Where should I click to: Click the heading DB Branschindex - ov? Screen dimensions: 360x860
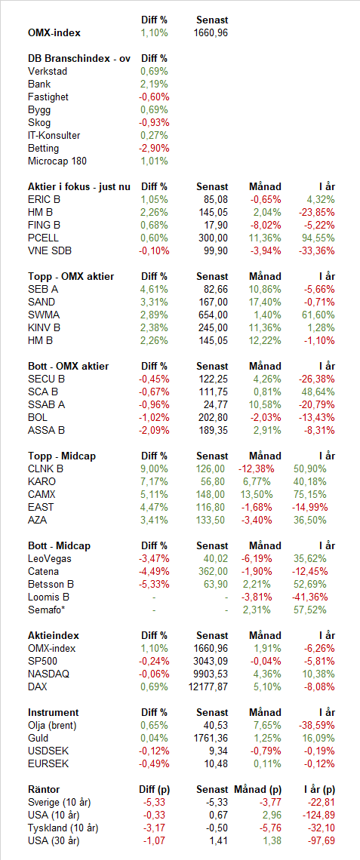pyautogui.click(x=79, y=59)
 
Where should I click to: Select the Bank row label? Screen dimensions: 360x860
pyautogui.click(x=39, y=84)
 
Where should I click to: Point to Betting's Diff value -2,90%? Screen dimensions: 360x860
pyautogui.click(x=155, y=148)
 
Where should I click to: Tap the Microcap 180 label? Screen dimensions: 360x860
pyautogui.click(x=57, y=161)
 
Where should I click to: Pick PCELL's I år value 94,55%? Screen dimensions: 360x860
pyautogui.click(x=321, y=238)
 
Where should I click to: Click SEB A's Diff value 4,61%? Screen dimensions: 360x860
pyautogui.click(x=155, y=289)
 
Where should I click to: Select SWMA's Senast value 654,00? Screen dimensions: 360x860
pyautogui.click(x=213, y=315)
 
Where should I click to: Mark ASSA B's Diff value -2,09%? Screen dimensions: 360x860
pyautogui.click(x=155, y=430)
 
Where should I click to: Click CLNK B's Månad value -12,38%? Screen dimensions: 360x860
pyautogui.click(x=256, y=469)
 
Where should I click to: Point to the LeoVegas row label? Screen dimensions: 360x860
pyautogui.click(x=50, y=558)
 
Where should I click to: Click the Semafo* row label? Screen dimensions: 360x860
pyautogui.click(x=48, y=610)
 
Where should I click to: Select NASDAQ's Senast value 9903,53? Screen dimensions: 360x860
pyautogui.click(x=211, y=674)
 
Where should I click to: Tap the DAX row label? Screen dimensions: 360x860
pyautogui.click(x=37, y=686)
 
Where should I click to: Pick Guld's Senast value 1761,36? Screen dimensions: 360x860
pyautogui.click(x=211, y=739)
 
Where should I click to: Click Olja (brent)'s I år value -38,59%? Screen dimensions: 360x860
pyautogui.click(x=319, y=725)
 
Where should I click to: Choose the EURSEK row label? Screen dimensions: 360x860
pyautogui.click(x=48, y=763)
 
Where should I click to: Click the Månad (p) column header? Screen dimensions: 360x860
pyautogui.click(x=258, y=789)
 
